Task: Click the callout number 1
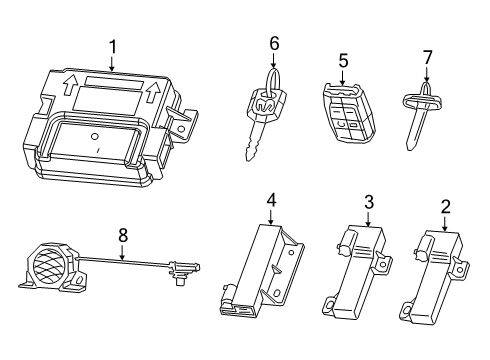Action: click(113, 45)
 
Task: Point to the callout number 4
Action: click(270, 200)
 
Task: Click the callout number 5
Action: click(342, 61)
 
